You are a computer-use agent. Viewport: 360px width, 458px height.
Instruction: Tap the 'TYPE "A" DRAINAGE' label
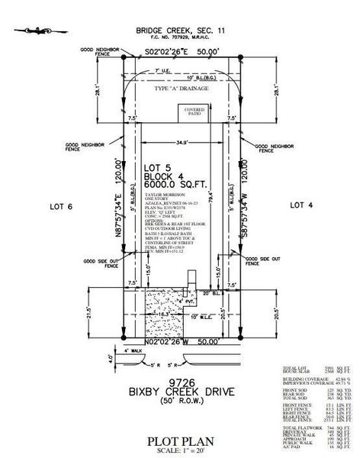[x=180, y=90]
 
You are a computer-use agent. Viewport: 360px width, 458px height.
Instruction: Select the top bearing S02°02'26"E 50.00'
[x=181, y=52]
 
